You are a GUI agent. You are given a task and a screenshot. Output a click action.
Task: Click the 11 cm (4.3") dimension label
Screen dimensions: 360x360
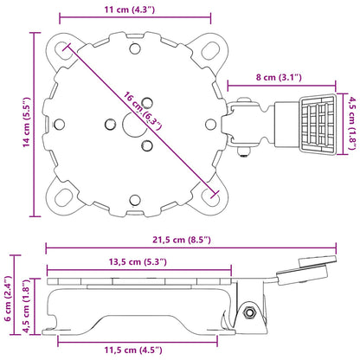click(x=130, y=10)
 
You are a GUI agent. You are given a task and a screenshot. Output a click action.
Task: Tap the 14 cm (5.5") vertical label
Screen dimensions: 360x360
click(x=27, y=122)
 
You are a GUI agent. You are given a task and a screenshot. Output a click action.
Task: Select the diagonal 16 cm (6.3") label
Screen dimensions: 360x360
click(x=142, y=111)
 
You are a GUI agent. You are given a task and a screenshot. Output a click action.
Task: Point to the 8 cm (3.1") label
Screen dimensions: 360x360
click(x=279, y=77)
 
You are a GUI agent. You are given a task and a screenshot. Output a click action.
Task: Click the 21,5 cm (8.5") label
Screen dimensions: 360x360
click(x=182, y=240)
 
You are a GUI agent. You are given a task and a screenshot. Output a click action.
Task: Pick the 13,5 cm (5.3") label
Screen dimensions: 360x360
click(x=138, y=262)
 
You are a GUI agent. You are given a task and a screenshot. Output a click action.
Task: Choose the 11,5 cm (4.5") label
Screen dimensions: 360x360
click(x=133, y=350)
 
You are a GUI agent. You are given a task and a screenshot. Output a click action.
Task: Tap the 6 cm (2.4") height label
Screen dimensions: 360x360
click(x=8, y=299)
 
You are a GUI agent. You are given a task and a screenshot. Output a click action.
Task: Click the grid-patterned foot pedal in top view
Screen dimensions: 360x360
click(x=318, y=125)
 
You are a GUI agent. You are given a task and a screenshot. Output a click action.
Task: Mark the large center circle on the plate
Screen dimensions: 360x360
click(x=135, y=125)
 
